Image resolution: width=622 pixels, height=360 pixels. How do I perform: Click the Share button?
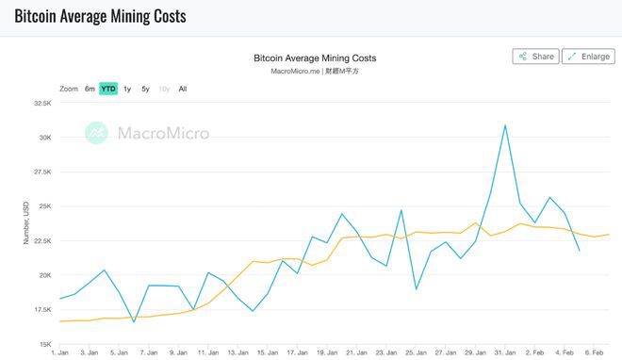[x=534, y=57]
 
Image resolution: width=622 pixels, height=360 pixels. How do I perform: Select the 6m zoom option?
[x=90, y=89]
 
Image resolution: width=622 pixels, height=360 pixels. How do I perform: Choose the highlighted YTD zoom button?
[x=108, y=89]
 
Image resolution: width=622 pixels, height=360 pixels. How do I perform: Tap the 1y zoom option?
[x=127, y=89]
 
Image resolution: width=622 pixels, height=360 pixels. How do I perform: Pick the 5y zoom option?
[x=145, y=89]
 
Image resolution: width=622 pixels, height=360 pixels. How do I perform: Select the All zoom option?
[x=183, y=89]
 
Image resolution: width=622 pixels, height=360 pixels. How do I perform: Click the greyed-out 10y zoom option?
[x=164, y=89]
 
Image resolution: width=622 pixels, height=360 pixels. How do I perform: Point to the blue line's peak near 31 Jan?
[x=505, y=124]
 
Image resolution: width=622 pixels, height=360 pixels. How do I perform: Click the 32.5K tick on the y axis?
[x=41, y=103]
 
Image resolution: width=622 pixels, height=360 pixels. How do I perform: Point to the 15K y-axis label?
[x=43, y=343]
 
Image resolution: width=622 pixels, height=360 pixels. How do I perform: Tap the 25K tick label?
[x=43, y=205]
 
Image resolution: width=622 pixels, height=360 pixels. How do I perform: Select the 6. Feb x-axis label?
[x=595, y=352]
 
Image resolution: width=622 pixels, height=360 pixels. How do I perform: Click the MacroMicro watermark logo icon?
[x=96, y=133]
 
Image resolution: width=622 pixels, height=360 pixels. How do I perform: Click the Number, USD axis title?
[x=26, y=223]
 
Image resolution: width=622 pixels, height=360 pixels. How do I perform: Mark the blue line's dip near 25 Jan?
[x=416, y=288]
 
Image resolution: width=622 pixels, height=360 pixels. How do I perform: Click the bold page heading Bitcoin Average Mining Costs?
[x=99, y=16]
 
